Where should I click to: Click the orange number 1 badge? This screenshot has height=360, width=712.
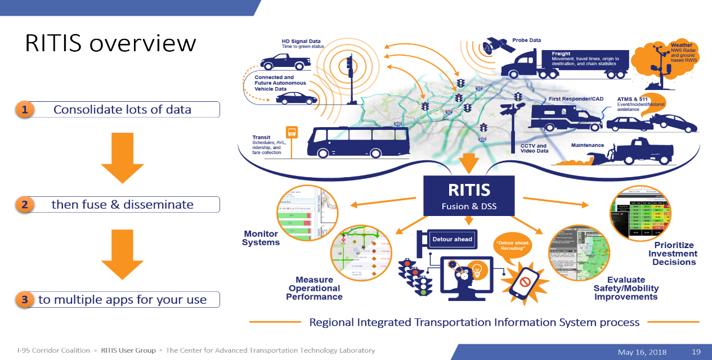click(x=24, y=110)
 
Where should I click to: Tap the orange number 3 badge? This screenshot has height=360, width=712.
click(x=24, y=300)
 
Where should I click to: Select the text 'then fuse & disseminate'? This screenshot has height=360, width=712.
click(x=122, y=205)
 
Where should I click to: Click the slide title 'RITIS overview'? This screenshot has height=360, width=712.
click(x=110, y=44)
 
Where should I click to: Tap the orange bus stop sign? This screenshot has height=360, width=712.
click(x=292, y=133)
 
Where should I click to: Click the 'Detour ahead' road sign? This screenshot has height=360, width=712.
click(x=452, y=239)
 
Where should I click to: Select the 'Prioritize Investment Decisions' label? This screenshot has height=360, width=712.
click(x=674, y=254)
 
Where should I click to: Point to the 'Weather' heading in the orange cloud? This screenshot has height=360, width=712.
click(x=682, y=45)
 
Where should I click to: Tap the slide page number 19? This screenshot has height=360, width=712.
click(x=696, y=352)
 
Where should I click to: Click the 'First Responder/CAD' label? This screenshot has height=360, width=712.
click(x=576, y=99)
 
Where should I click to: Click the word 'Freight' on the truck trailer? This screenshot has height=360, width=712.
click(x=561, y=53)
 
